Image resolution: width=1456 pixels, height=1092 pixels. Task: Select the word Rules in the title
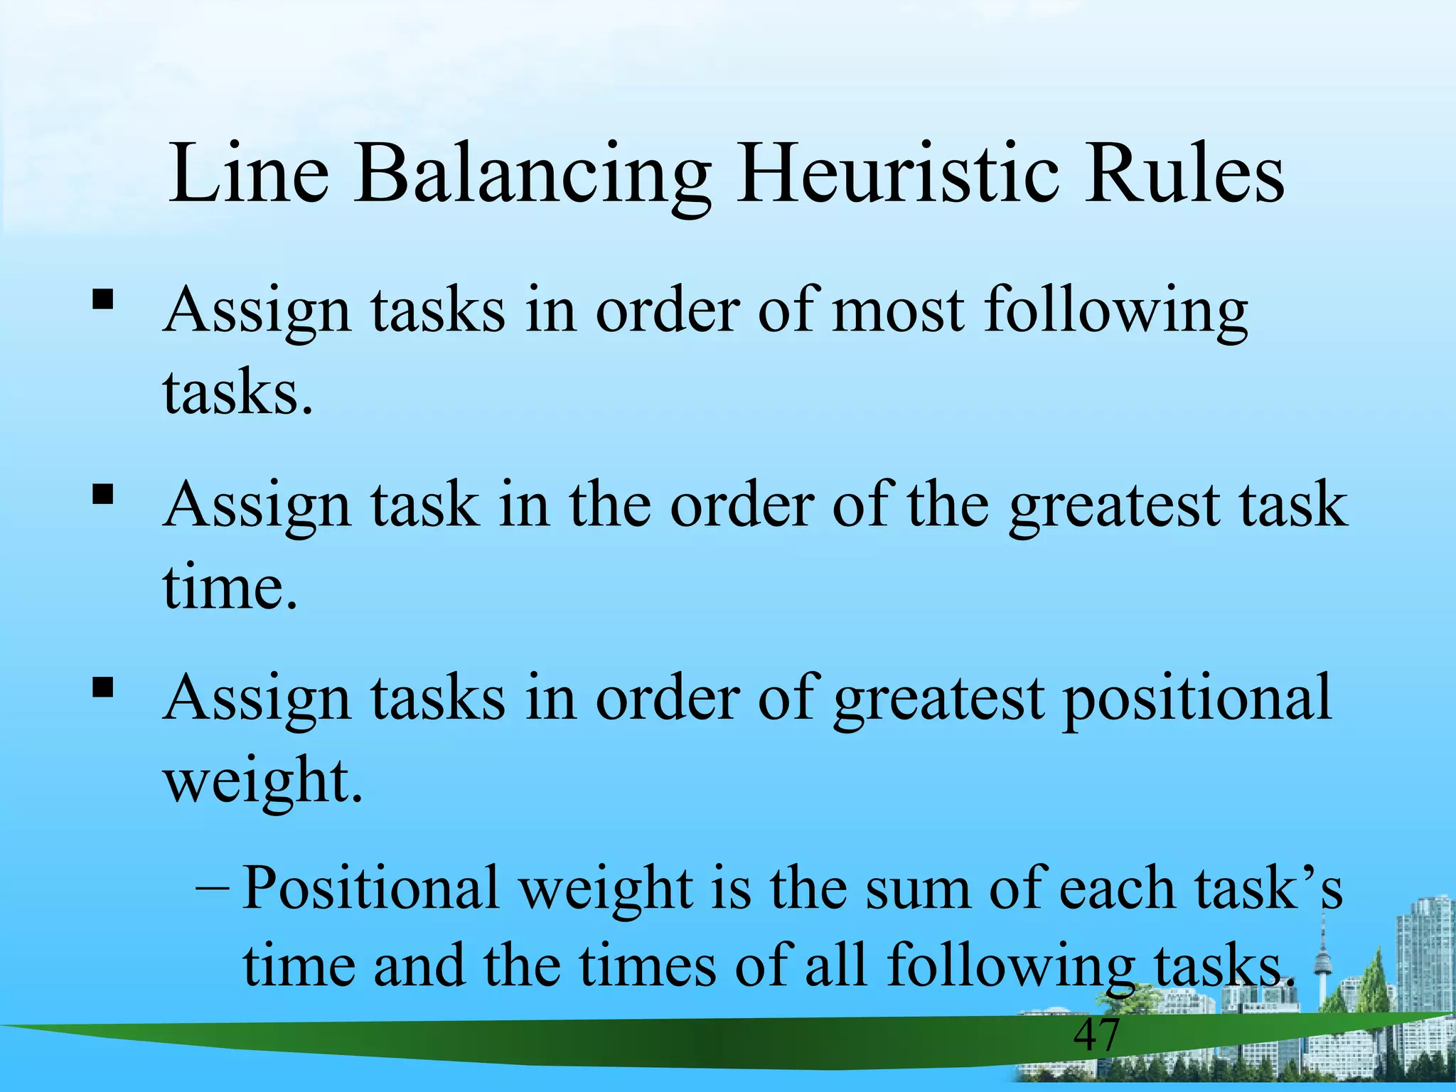click(1184, 173)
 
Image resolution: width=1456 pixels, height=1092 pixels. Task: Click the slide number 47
click(1096, 1034)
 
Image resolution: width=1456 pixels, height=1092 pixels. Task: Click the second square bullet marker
click(103, 493)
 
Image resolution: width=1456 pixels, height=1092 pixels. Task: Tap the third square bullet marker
click(103, 687)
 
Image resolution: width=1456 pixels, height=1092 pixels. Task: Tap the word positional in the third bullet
click(1197, 701)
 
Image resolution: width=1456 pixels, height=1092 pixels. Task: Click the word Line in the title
click(249, 173)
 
